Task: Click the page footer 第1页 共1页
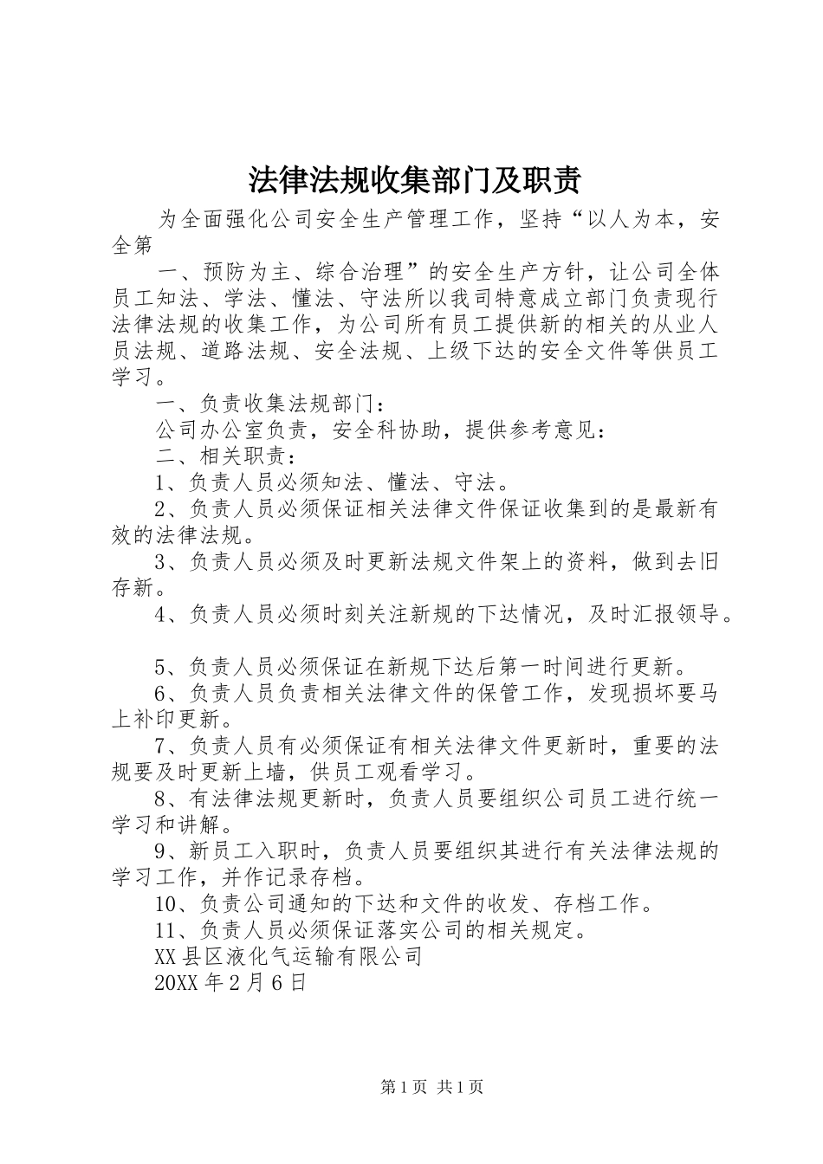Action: tap(431, 1088)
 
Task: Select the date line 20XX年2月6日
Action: tap(230, 983)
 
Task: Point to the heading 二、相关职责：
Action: tap(226, 456)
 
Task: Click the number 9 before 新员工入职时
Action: tap(160, 851)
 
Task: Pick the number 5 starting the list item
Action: tap(160, 667)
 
